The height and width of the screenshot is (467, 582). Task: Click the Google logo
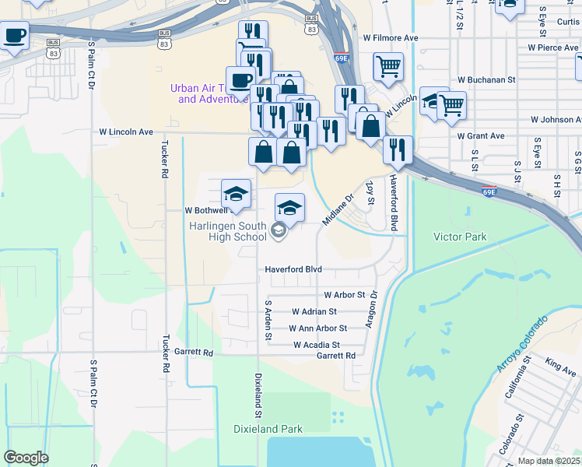26,458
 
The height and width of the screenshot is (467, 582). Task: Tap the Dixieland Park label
268,429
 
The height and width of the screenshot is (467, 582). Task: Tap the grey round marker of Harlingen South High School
279,231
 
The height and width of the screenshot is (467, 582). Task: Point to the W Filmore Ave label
391,37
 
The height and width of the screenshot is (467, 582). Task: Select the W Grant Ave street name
481,136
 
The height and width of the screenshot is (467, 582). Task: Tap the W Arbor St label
345,295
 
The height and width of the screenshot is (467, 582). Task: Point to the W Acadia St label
317,345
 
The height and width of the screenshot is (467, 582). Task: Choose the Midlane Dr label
338,209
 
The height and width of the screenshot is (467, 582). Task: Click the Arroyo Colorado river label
522,343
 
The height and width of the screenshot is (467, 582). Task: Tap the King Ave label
560,365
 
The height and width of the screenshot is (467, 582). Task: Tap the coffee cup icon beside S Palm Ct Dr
16,36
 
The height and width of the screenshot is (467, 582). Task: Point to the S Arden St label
268,321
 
